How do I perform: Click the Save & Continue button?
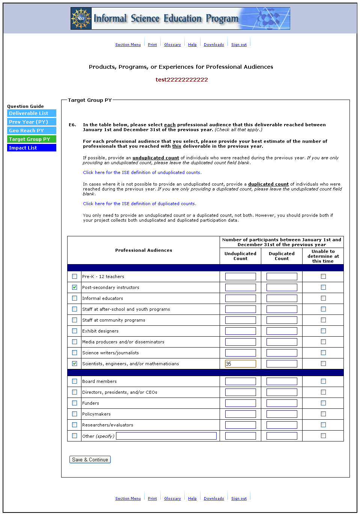tap(90, 460)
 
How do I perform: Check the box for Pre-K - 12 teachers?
tap(74, 277)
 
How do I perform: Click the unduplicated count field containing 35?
tap(240, 364)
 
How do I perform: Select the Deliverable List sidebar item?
tap(32, 113)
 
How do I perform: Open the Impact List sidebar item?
tap(32, 148)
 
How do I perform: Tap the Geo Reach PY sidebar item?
tap(32, 130)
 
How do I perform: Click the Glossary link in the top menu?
tap(172, 45)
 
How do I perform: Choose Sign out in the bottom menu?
tap(239, 499)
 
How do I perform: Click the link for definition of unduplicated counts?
tap(142, 172)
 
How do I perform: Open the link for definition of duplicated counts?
tap(139, 204)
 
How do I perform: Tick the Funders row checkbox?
tap(74, 403)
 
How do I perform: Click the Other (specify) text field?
tap(166, 436)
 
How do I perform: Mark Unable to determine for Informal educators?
tap(323, 298)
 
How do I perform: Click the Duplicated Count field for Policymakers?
tap(282, 414)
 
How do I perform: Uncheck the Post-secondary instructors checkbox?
tap(74, 287)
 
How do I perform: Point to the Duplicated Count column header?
tap(282, 256)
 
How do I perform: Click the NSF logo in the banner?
tap(81, 18)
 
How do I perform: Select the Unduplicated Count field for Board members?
tap(240, 381)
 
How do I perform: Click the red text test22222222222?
tap(182, 80)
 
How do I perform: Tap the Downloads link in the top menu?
tap(214, 45)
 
